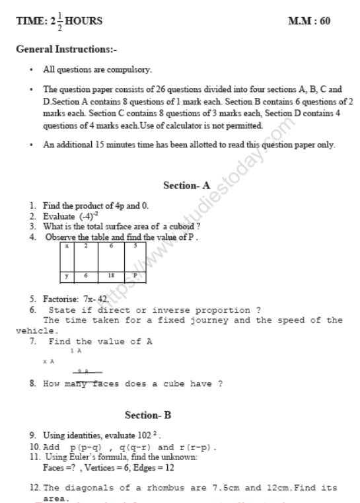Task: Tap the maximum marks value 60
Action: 324,21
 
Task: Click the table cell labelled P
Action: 135,274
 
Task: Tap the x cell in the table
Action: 67,246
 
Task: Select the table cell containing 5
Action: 135,246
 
